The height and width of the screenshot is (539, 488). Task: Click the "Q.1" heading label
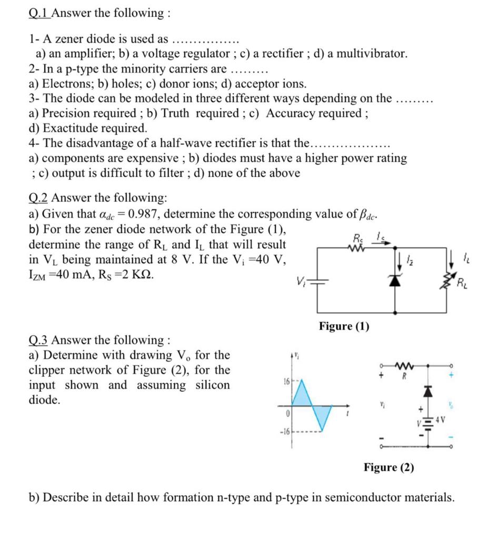coord(39,13)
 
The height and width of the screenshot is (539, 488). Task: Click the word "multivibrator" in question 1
coord(371,54)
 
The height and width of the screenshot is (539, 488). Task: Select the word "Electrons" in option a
coord(66,84)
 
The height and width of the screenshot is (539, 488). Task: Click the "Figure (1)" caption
coord(344,326)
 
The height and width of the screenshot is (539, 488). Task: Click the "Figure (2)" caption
coord(389,467)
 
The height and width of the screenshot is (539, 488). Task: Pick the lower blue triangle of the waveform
coord(322,416)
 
